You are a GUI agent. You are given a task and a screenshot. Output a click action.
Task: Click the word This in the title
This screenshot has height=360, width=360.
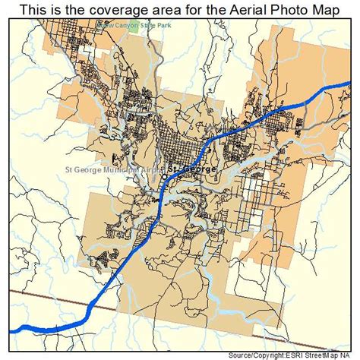(x=34, y=10)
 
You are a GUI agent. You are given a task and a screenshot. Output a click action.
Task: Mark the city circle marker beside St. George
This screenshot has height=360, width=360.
(x=164, y=176)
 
